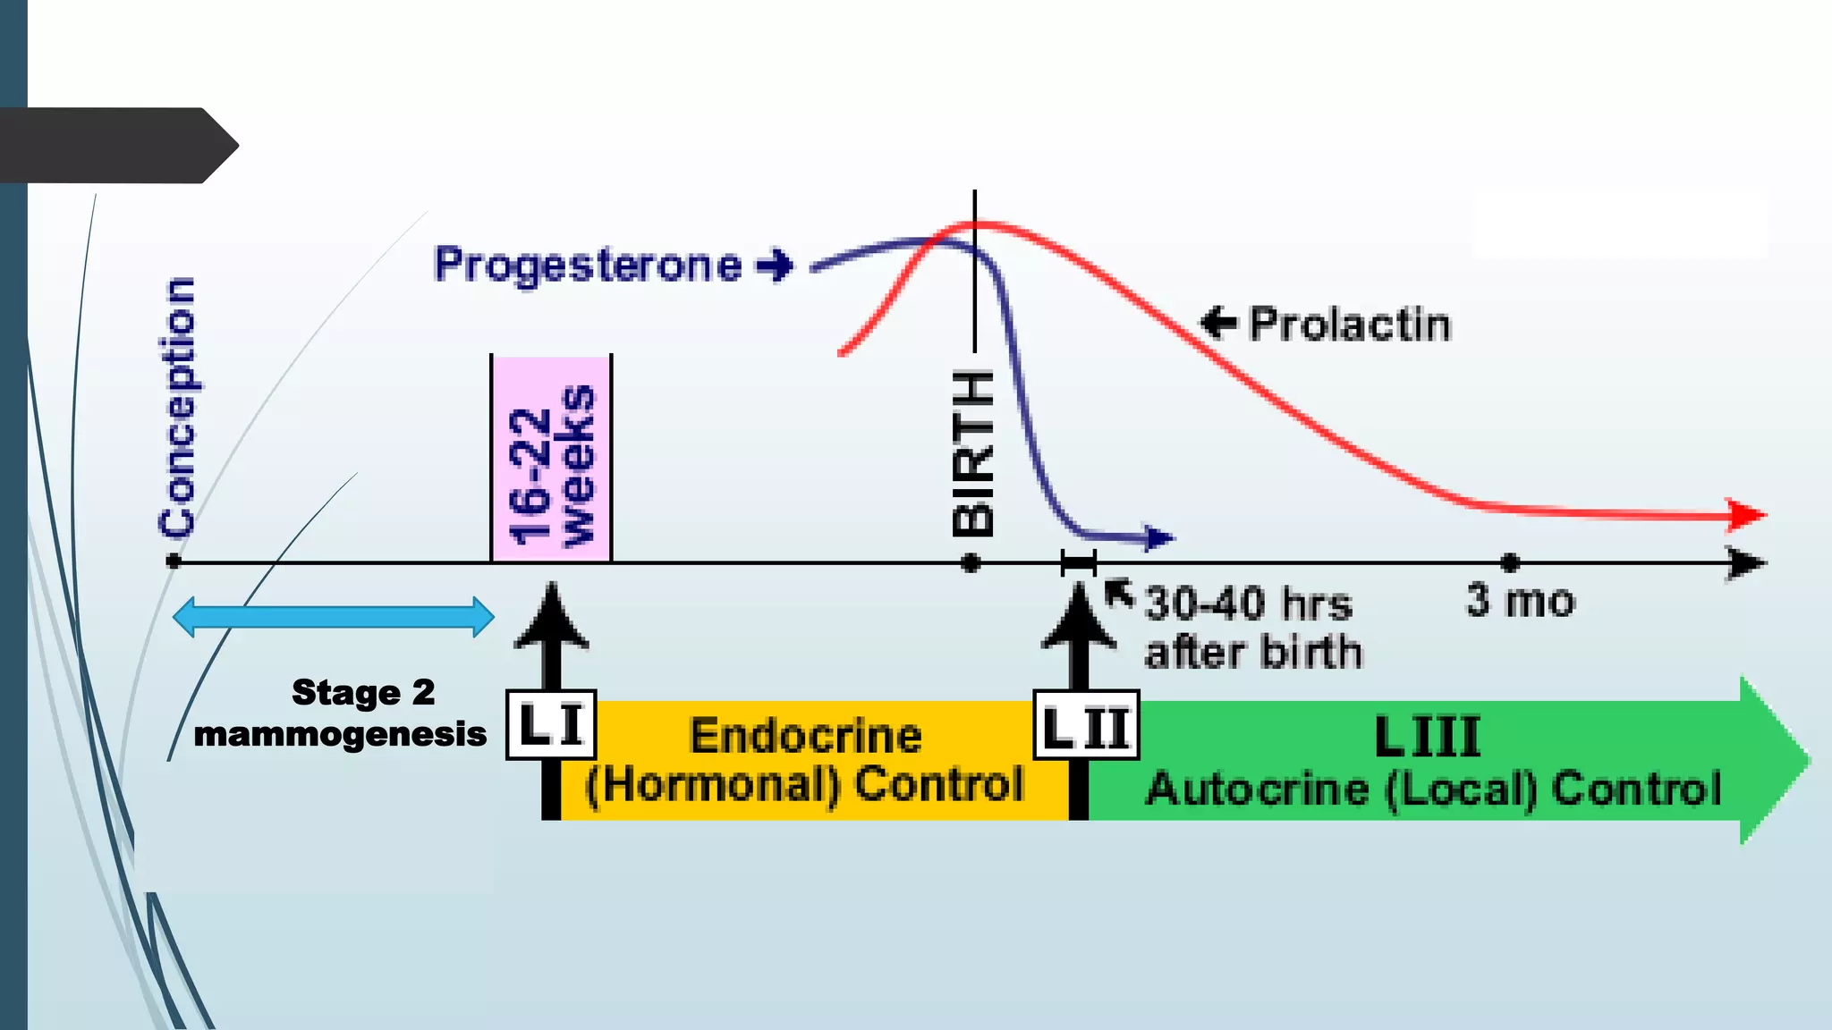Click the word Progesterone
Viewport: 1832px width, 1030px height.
587,265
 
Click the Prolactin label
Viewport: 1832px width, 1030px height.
1349,324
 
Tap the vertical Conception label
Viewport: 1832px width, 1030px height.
177,407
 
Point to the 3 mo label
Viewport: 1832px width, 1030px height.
1520,601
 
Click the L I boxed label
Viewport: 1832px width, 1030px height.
551,724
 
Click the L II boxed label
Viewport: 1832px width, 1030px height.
1086,725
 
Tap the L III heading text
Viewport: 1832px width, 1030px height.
1427,737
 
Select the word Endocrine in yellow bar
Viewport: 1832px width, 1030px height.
805,736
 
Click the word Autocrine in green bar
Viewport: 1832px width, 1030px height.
1258,789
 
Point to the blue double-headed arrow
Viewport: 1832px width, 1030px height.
333,617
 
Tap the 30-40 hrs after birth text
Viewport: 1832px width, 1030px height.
1252,628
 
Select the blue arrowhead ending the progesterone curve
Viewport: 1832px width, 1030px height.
1159,538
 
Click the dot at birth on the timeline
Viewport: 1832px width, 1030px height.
971,563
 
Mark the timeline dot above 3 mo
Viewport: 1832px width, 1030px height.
1510,563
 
